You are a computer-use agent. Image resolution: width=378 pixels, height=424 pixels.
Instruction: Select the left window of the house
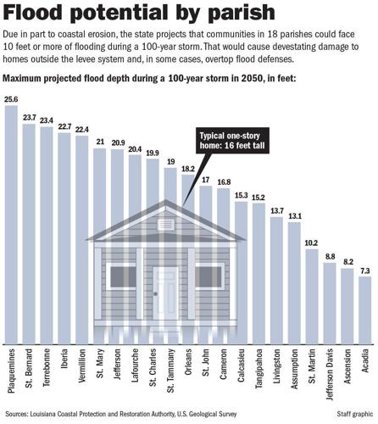124,276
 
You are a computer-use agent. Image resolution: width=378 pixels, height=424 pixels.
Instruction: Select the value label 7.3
365,270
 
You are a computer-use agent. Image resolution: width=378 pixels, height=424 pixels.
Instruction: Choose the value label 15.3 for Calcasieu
241,196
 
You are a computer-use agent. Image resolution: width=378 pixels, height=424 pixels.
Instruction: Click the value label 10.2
312,243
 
